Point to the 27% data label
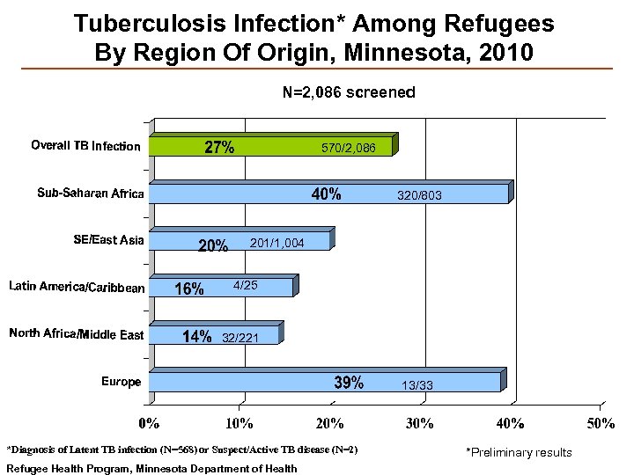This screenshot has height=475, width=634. tap(219, 148)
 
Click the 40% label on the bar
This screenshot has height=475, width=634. tap(327, 195)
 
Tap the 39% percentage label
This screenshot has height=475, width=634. tap(349, 383)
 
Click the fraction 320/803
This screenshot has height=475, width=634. tap(419, 196)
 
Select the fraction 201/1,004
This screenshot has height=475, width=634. tap(277, 242)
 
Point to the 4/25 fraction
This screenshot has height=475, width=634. tap(245, 286)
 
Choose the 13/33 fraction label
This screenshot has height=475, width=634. tap(417, 385)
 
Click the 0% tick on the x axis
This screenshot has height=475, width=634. tap(151, 422)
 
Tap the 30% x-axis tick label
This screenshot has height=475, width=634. tap(420, 422)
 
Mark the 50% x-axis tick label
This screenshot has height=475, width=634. tap(601, 422)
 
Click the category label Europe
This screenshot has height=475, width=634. tap(121, 382)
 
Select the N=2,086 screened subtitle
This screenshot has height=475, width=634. tap(349, 91)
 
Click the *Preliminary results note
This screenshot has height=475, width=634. tap(518, 452)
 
